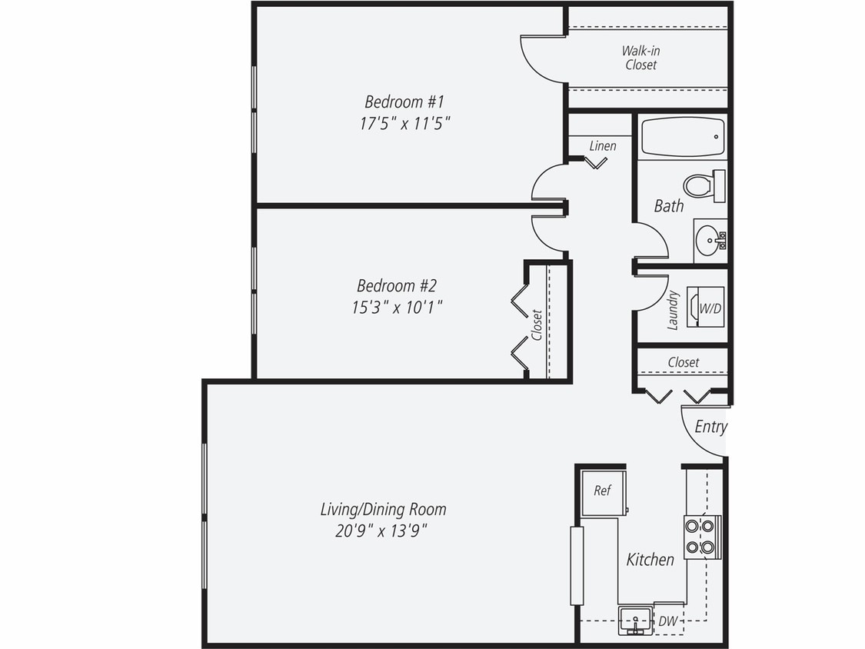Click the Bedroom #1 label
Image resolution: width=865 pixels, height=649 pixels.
pos(404,102)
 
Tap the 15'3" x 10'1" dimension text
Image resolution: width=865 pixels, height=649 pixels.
pos(396,308)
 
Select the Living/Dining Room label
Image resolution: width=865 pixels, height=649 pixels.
pos(383,509)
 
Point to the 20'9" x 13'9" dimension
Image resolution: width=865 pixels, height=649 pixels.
pos(381,531)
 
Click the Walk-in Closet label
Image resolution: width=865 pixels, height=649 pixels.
pos(640,58)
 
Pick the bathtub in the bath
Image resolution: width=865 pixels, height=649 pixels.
pos(683,137)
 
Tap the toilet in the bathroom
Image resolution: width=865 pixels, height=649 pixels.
pos(703,185)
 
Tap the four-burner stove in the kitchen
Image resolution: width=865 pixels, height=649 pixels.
pos(702,537)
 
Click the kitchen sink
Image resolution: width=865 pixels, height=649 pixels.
pos(635,620)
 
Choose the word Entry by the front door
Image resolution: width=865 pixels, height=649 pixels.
pos(710,427)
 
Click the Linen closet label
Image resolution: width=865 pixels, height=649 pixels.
pos(603,145)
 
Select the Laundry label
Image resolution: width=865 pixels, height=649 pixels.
pos(673,309)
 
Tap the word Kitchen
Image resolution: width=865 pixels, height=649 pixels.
pos(650,560)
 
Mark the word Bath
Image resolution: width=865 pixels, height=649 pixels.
pos(669,206)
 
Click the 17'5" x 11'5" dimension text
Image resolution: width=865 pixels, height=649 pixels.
pos(404,123)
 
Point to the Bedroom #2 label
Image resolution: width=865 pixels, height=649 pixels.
pos(396,286)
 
